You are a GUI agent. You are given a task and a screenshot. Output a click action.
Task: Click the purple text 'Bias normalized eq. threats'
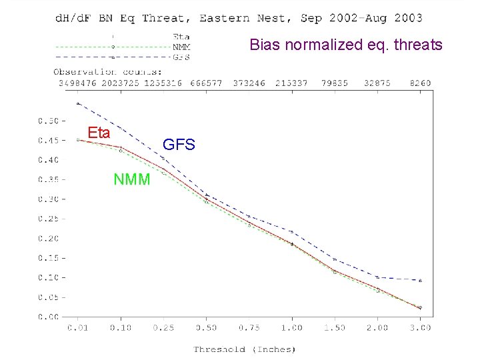pyautogui.click(x=346, y=45)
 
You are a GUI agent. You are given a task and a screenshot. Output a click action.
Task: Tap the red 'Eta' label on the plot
pyautogui.click(x=99, y=133)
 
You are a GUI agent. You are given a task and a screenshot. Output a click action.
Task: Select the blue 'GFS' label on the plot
pyautogui.click(x=179, y=144)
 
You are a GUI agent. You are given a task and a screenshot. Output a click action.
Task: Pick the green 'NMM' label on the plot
pyautogui.click(x=132, y=179)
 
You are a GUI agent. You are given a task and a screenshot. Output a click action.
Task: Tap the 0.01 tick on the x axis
pyautogui.click(x=78, y=327)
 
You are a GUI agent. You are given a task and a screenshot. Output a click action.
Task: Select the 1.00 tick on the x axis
pyautogui.click(x=291, y=327)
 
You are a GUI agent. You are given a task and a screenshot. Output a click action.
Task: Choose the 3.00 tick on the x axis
pyautogui.click(x=420, y=327)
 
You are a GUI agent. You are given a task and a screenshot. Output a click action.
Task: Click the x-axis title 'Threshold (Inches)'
pyautogui.click(x=245, y=349)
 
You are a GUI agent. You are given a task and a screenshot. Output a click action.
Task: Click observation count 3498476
pyautogui.click(x=78, y=83)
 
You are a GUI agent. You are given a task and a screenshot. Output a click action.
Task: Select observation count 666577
pyautogui.click(x=206, y=83)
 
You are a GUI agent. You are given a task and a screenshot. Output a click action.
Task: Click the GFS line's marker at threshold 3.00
pyautogui.click(x=420, y=280)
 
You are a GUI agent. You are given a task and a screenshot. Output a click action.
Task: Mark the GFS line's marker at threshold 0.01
pyautogui.click(x=78, y=103)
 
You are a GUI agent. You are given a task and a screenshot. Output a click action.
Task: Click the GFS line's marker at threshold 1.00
pyautogui.click(x=291, y=231)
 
